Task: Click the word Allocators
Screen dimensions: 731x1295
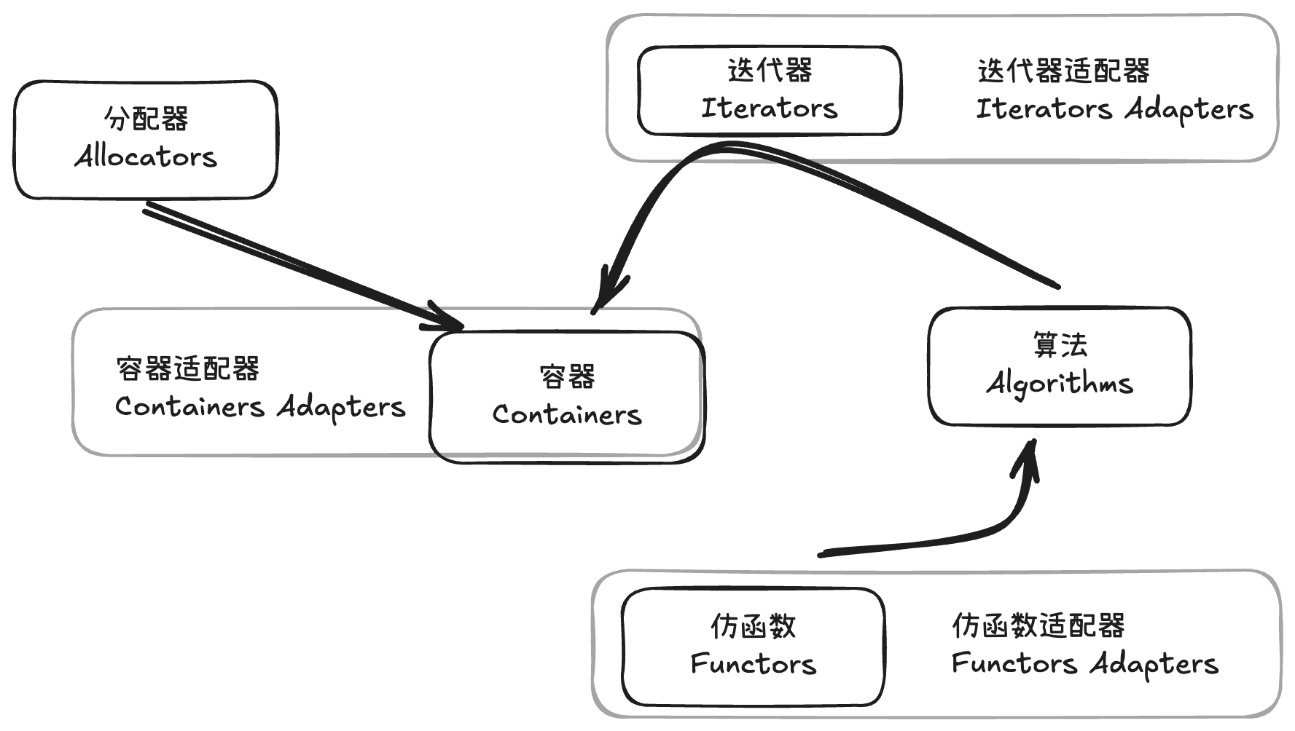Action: (x=146, y=157)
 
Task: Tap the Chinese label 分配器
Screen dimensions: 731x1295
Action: (x=146, y=119)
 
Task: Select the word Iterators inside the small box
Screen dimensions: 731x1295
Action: (x=769, y=108)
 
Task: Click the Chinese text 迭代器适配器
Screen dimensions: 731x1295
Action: (x=1063, y=71)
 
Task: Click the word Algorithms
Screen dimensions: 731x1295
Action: (x=1060, y=383)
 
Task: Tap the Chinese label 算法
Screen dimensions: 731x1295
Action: (x=1060, y=344)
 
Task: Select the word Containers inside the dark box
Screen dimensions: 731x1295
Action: (x=567, y=414)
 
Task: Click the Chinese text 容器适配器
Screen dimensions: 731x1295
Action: (x=188, y=368)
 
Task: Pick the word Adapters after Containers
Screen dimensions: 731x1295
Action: (x=341, y=407)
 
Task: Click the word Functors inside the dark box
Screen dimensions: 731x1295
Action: (x=753, y=664)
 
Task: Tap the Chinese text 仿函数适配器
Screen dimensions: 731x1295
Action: (x=1038, y=625)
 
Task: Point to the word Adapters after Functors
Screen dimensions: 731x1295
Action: (x=1154, y=664)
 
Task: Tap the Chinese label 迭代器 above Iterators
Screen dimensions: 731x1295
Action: (x=770, y=71)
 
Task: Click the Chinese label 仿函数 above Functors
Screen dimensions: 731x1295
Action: (x=753, y=626)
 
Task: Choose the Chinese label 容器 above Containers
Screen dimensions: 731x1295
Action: (x=567, y=376)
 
